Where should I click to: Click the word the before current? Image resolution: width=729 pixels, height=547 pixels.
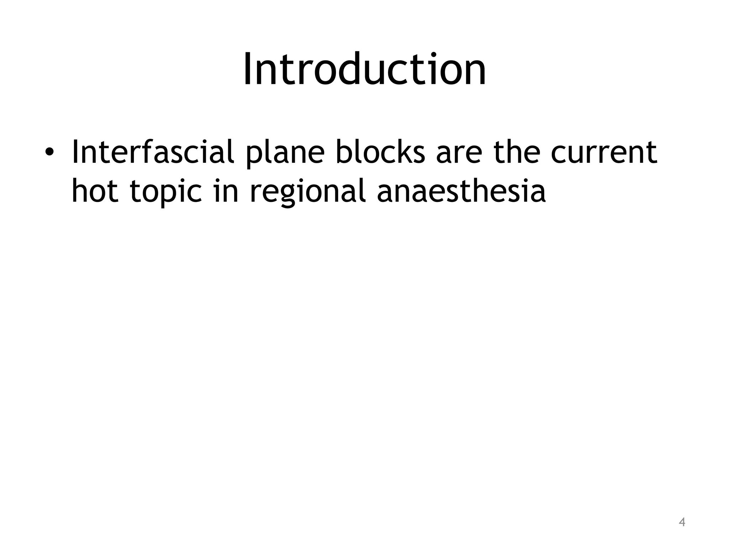coord(519,152)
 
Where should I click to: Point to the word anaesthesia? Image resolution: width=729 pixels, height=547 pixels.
coord(461,191)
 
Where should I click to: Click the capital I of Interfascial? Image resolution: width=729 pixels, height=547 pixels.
coord(75,152)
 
